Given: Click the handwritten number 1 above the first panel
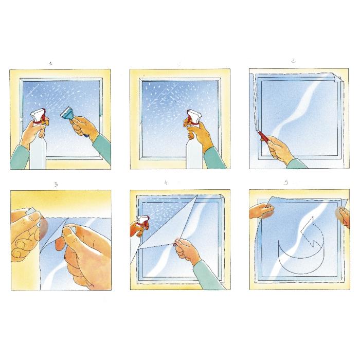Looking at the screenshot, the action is point(50,63).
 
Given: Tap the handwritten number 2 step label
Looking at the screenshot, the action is point(293,61).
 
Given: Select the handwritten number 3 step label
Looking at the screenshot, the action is point(56,184).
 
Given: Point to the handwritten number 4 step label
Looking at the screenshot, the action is point(166,182).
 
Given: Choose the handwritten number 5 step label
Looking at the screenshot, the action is point(286,182).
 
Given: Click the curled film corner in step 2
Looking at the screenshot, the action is point(338,77).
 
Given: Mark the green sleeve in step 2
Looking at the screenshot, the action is point(297,164).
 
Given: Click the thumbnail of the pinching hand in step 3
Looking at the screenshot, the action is point(68,232).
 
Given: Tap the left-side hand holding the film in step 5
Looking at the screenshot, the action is point(262,211).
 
